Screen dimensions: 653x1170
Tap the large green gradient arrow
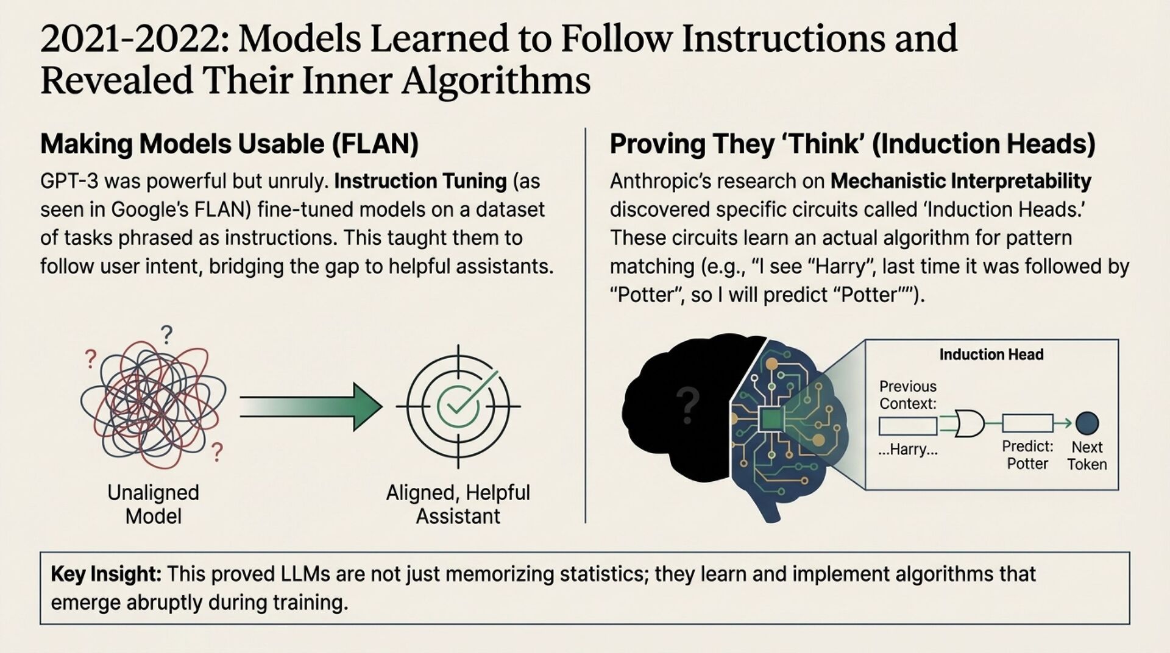coord(311,407)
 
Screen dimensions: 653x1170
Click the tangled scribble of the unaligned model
coord(153,404)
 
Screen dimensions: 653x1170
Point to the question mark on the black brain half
coord(687,406)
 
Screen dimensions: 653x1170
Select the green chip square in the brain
coord(770,420)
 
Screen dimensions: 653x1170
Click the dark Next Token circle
coord(1087,423)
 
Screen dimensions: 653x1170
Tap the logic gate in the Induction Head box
coord(968,423)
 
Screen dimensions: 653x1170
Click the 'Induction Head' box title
coord(991,355)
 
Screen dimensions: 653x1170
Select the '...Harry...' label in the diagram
coord(907,450)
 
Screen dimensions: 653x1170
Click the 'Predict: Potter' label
coord(1027,455)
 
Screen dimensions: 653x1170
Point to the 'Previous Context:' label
coord(907,395)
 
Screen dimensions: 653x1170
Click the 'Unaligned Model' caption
coord(153,504)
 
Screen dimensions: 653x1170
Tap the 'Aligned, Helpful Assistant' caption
coord(458,504)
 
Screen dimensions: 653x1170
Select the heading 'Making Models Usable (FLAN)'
coord(229,144)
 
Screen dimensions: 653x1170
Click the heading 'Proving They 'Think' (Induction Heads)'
coord(853,144)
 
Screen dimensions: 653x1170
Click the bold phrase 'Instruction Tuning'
coord(420,182)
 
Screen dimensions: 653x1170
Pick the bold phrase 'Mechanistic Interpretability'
coord(960,182)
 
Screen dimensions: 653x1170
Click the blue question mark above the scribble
coord(166,334)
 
